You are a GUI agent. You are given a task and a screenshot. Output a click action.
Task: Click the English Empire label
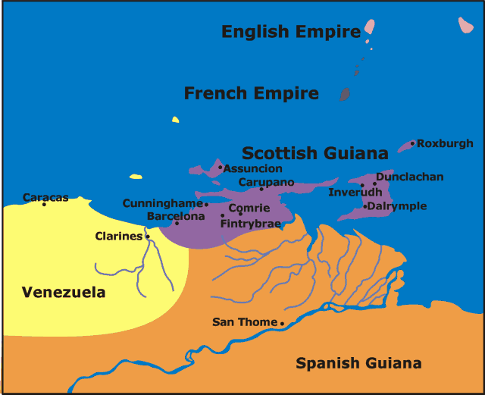click(290, 32)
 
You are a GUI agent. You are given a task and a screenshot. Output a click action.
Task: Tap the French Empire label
click(251, 93)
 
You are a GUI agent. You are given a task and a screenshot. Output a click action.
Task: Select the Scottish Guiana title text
click(314, 153)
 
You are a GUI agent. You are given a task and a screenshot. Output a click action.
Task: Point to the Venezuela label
click(64, 292)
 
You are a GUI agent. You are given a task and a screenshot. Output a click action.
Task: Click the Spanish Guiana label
click(358, 362)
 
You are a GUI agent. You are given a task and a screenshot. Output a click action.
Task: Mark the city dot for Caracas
click(44, 204)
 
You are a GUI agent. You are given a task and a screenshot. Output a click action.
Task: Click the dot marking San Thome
click(283, 324)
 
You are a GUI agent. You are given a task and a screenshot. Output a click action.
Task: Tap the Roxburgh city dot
click(412, 143)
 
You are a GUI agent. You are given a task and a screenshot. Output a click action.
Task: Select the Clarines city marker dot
click(147, 237)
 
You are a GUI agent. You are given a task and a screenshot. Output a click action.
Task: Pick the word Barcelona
click(176, 216)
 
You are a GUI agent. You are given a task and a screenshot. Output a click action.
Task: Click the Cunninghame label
click(162, 203)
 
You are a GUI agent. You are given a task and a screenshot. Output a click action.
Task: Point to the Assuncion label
click(253, 168)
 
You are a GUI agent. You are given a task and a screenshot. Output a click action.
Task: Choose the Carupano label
click(266, 182)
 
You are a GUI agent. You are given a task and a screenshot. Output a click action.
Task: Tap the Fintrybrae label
click(250, 224)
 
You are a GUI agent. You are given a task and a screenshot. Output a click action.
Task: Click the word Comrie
click(249, 208)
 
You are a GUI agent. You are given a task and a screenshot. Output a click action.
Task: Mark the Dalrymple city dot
click(365, 206)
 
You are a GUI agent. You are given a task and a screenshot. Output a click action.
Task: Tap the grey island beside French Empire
click(345, 94)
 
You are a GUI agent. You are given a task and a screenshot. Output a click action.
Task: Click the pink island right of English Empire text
click(369, 28)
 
